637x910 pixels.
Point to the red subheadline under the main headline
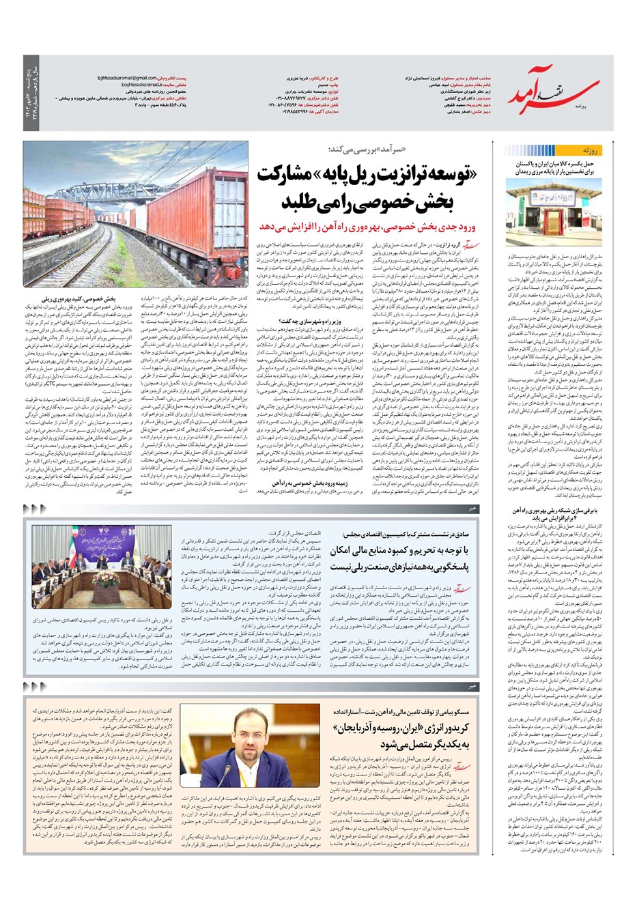[371, 226]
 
